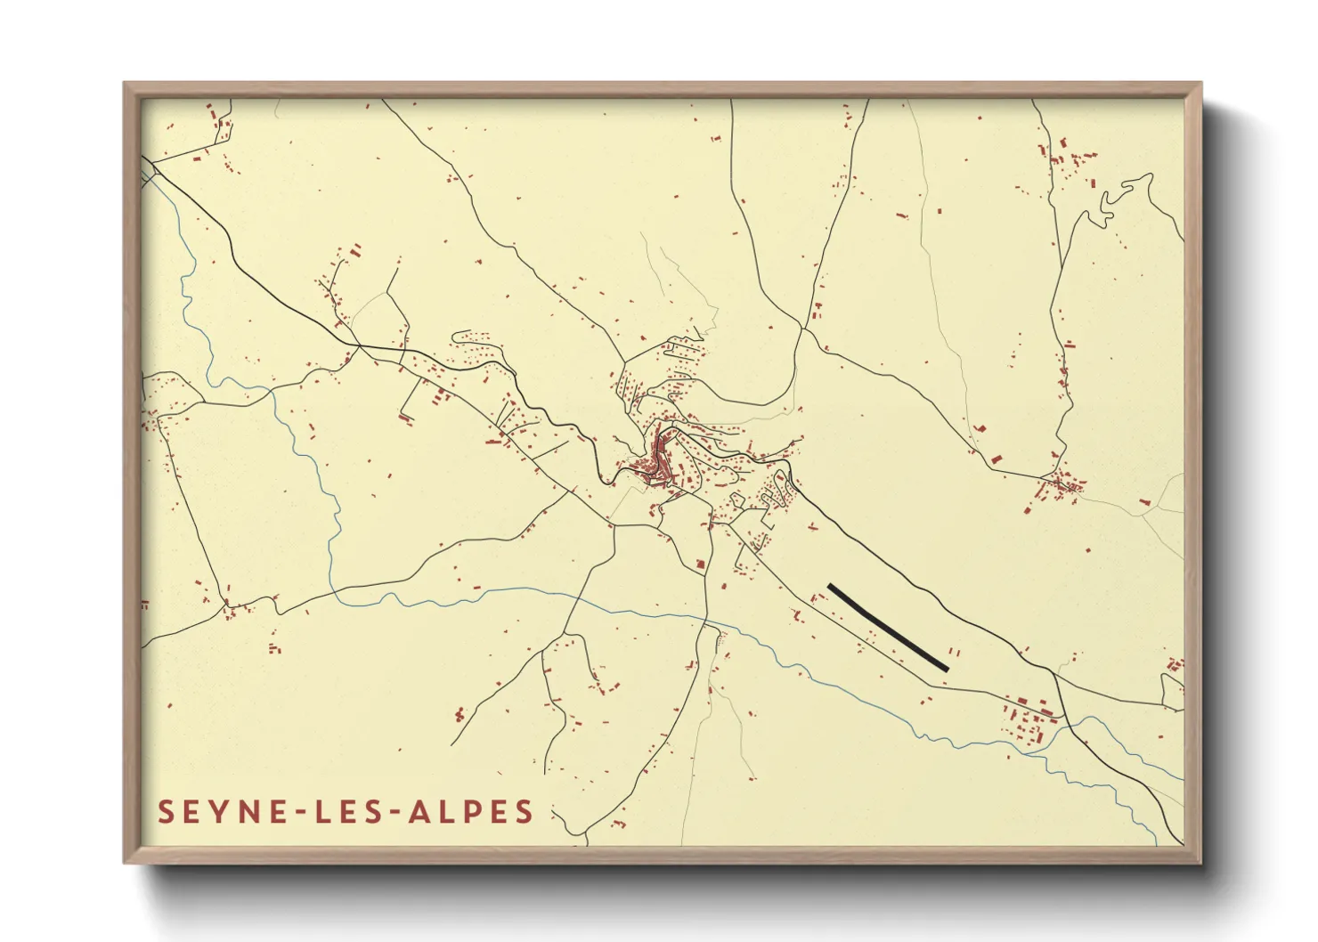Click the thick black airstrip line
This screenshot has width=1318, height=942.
[x=888, y=627]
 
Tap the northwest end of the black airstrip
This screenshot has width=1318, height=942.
[x=831, y=587]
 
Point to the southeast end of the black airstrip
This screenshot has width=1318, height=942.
[x=946, y=668]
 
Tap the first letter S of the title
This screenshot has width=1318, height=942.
[x=166, y=812]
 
